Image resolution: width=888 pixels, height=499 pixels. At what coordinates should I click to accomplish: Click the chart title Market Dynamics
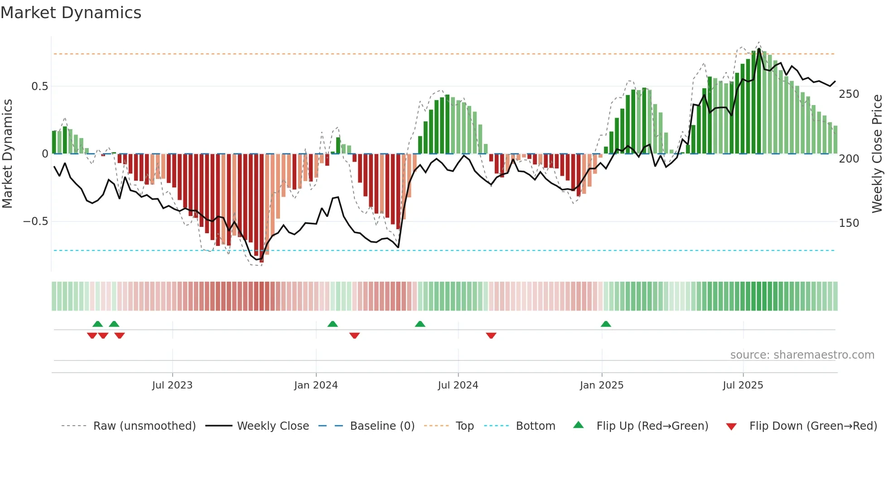pyautogui.click(x=71, y=13)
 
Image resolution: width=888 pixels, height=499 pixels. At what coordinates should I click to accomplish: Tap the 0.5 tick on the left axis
pyautogui.click(x=39, y=86)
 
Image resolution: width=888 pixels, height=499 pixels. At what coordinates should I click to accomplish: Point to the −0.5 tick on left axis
pyautogui.click(x=35, y=221)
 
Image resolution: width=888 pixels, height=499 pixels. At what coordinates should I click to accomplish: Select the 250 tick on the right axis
pyautogui.click(x=849, y=94)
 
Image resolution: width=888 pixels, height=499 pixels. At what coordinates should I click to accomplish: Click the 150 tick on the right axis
pyautogui.click(x=849, y=223)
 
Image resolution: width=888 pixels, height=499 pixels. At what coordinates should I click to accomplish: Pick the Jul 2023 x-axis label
pyautogui.click(x=172, y=385)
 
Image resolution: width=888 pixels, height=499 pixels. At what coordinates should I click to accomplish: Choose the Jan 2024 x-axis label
pyautogui.click(x=316, y=385)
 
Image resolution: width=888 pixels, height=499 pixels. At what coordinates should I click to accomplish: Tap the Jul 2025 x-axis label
pyautogui.click(x=743, y=385)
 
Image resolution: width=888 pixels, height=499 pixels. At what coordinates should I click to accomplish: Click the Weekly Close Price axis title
pyautogui.click(x=877, y=154)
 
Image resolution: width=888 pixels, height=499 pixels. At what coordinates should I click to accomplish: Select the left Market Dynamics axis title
pyautogui.click(x=7, y=154)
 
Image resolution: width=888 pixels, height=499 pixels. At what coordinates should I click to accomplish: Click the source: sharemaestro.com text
pyautogui.click(x=802, y=355)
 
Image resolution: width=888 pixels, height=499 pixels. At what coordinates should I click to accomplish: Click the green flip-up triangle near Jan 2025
pyautogui.click(x=606, y=324)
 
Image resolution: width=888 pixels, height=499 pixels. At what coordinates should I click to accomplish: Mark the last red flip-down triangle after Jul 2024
pyautogui.click(x=491, y=336)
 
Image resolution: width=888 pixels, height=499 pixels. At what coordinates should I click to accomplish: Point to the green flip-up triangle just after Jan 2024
pyautogui.click(x=333, y=324)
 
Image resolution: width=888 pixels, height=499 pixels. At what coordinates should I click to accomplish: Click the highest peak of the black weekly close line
pyautogui.click(x=759, y=48)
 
